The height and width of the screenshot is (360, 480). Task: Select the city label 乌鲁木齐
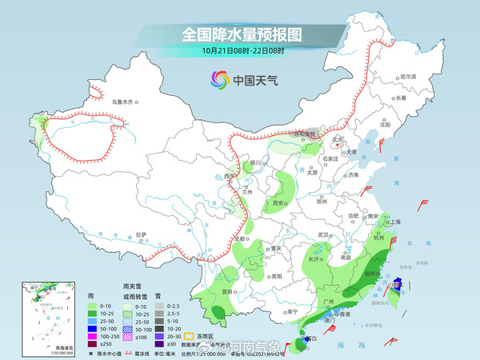click(x=125, y=102)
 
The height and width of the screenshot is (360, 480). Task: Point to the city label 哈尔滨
click(x=408, y=75)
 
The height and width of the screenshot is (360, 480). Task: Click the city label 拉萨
click(x=142, y=234)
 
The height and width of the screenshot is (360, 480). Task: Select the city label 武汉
click(x=323, y=234)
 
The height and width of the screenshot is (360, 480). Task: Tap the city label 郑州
click(x=322, y=202)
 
